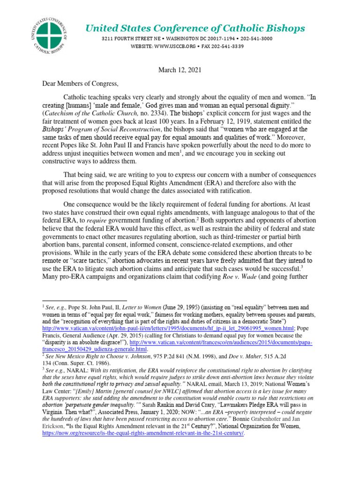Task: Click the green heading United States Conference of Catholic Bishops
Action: point(195,29)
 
